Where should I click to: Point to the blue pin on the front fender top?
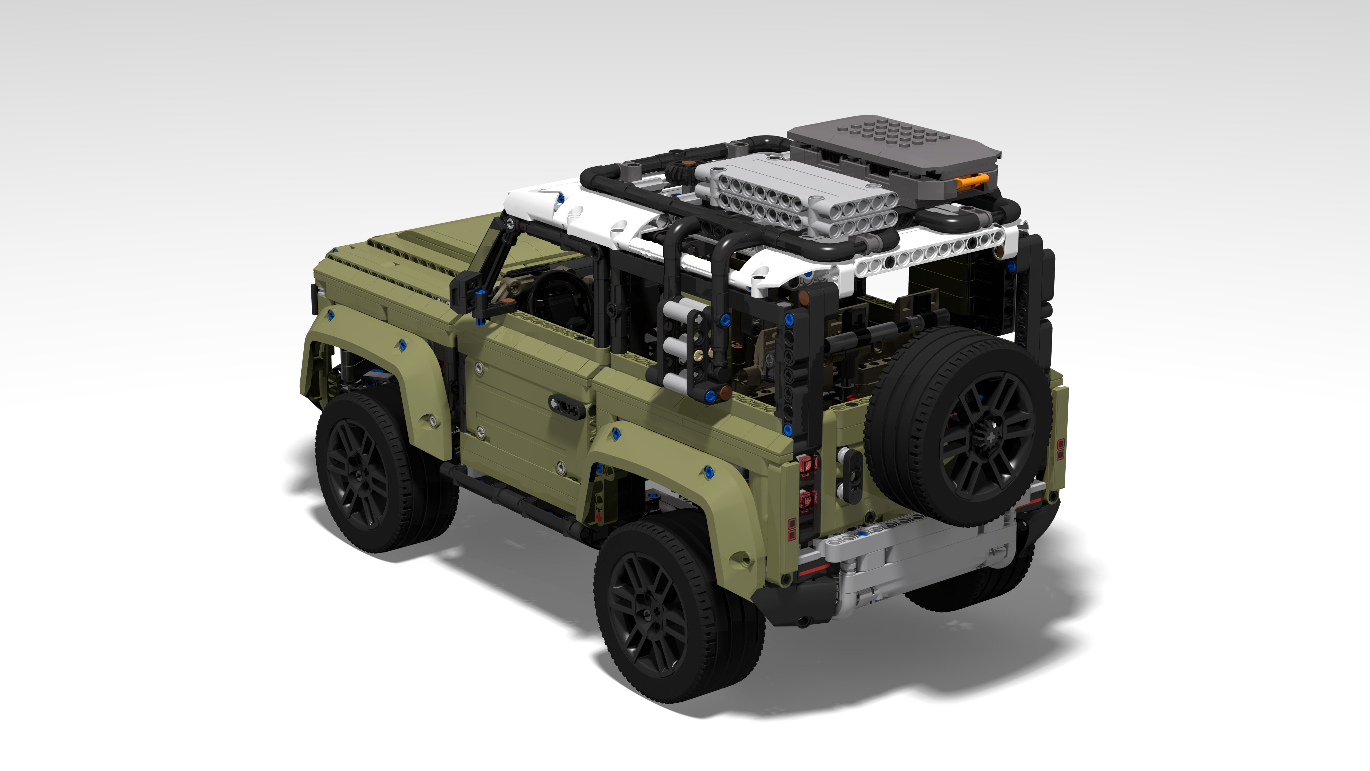click(x=331, y=315)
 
